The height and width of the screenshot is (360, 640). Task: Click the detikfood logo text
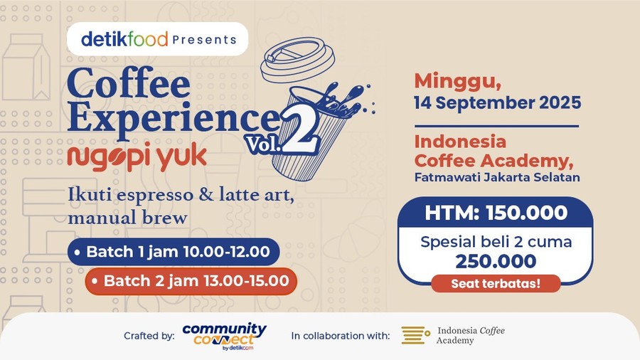coord(124,39)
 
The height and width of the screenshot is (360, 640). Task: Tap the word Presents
coord(204,40)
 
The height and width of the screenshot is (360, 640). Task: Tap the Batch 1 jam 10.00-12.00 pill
coord(174,252)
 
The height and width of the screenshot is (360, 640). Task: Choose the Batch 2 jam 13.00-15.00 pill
coord(191,281)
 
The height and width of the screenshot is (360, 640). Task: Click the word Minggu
coord(449,79)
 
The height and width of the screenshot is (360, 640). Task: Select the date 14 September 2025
coord(497,102)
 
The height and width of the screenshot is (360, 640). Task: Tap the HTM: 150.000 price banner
coord(496,212)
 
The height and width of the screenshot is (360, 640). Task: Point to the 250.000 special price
coord(496,261)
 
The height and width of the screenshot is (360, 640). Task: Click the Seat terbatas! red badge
coord(496,284)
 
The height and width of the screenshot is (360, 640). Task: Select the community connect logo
coord(224,335)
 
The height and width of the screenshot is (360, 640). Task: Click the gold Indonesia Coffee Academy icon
coord(415,335)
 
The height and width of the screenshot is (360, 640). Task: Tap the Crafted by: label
coord(149,336)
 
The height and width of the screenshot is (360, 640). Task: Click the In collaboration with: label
coord(340,336)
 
